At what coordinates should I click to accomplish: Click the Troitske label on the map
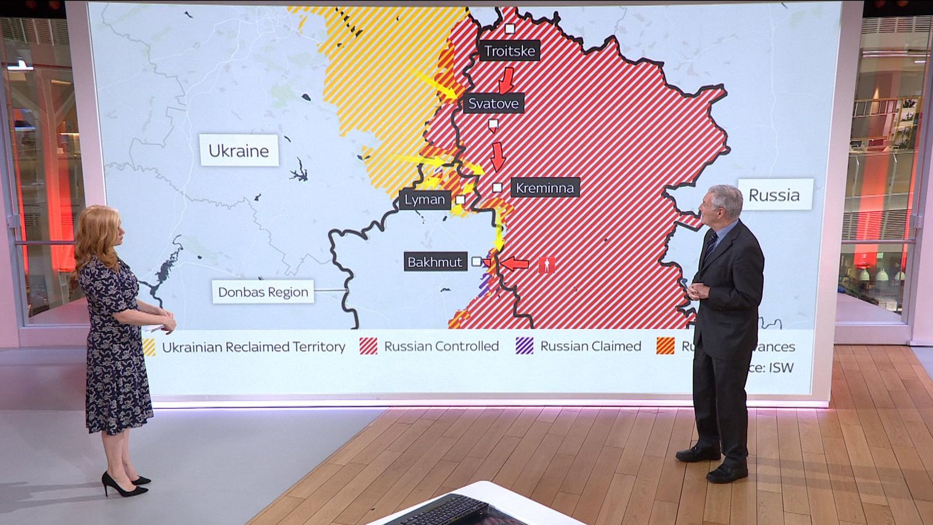[x=509, y=51]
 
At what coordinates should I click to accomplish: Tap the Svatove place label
[x=493, y=103]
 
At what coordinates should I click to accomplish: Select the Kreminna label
[x=545, y=187]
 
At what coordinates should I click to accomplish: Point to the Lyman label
[x=425, y=199]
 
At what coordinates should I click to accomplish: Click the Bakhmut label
[x=434, y=262]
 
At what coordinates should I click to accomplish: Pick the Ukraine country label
[x=239, y=150]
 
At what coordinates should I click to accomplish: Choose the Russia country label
[x=774, y=195]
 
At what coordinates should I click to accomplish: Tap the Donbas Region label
[x=263, y=292]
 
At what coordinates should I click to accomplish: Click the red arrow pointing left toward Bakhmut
[x=515, y=264]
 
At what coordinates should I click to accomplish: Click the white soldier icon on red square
[x=546, y=265]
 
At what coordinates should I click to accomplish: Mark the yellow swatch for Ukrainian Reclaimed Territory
[x=149, y=347]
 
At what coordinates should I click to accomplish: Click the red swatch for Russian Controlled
[x=369, y=346]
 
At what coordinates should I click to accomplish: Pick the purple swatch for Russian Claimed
[x=525, y=346]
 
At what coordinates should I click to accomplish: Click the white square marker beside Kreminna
[x=497, y=187]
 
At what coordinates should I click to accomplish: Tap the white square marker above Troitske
[x=510, y=29]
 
